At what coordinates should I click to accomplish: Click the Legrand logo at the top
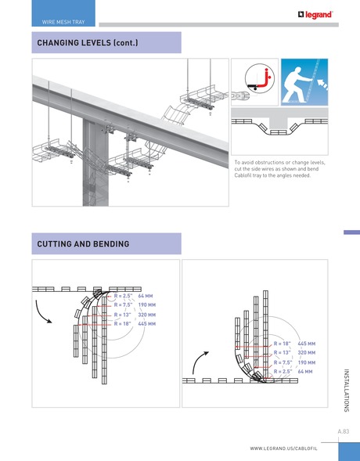pyautogui.click(x=315, y=14)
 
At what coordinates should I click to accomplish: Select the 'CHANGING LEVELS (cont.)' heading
pyautogui.click(x=87, y=42)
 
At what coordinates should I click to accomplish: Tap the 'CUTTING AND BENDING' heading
pyautogui.click(x=83, y=245)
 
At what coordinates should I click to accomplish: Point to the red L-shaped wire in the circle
pyautogui.click(x=267, y=78)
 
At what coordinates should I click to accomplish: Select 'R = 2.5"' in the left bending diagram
pyautogui.click(x=124, y=297)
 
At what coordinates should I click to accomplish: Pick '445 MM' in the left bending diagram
pyautogui.click(x=146, y=322)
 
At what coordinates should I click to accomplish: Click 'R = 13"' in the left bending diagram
pyautogui.click(x=124, y=314)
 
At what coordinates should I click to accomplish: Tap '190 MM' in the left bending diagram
pyautogui.click(x=146, y=305)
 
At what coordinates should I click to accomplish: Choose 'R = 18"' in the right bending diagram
pyautogui.click(x=283, y=344)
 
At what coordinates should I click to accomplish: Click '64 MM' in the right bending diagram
pyautogui.click(x=305, y=372)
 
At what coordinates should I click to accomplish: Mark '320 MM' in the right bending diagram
pyautogui.click(x=306, y=353)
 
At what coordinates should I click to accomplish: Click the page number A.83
pyautogui.click(x=343, y=431)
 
